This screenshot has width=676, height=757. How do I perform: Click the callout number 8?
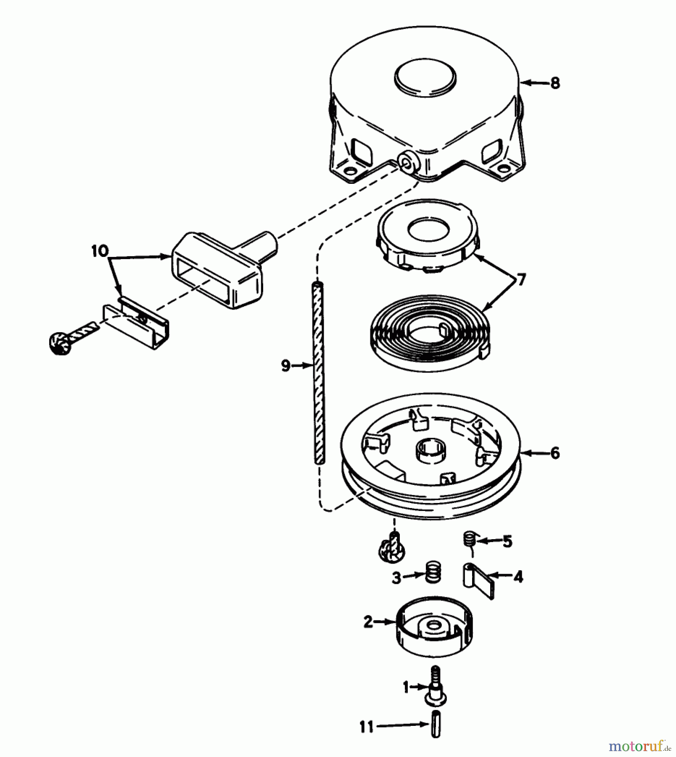[x=555, y=83]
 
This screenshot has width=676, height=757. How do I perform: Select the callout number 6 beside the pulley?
[x=555, y=453]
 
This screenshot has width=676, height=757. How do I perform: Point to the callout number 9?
[x=286, y=366]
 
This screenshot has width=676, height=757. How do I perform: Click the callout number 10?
[x=100, y=251]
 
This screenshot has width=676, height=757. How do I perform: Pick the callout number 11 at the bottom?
[x=367, y=727]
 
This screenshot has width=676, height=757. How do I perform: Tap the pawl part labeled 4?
[x=477, y=579]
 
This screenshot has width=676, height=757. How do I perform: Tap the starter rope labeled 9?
[x=320, y=374]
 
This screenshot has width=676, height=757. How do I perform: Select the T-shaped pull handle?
[x=219, y=269]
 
